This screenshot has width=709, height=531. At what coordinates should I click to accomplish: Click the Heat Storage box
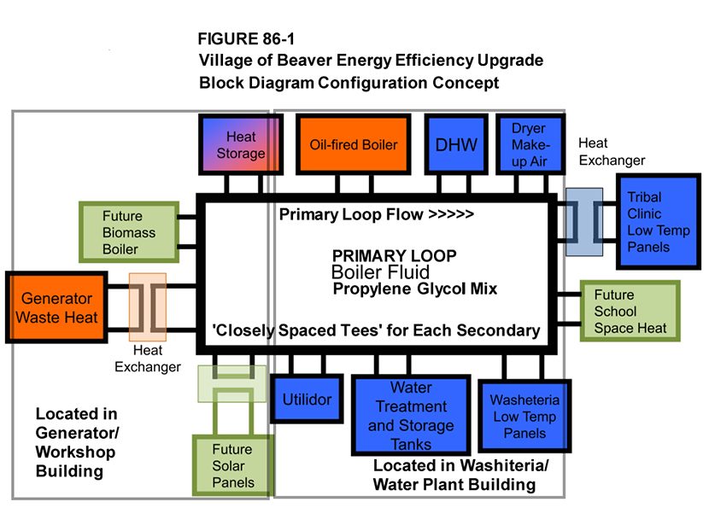pyautogui.click(x=240, y=145)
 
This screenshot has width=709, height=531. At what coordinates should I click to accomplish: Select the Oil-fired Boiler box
pyautogui.click(x=353, y=145)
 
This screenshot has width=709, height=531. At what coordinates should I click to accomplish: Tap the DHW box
pyautogui.click(x=455, y=145)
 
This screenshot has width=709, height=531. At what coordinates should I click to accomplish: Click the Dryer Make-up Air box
pyautogui.click(x=528, y=145)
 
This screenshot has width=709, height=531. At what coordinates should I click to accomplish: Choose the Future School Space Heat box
pyautogui.click(x=630, y=311)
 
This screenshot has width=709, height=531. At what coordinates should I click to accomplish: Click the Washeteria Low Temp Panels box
pyautogui.click(x=524, y=417)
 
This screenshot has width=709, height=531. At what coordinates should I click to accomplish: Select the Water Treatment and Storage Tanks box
pyautogui.click(x=411, y=417)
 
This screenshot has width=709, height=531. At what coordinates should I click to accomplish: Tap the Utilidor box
pyautogui.click(x=307, y=400)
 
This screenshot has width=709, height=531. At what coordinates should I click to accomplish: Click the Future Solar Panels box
pyautogui.click(x=232, y=465)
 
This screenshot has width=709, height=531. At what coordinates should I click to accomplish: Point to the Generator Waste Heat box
pyautogui.click(x=57, y=308)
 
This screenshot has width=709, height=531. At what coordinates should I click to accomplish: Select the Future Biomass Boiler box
pyautogui.click(x=128, y=232)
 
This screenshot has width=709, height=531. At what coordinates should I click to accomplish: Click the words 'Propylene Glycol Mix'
pyautogui.click(x=414, y=289)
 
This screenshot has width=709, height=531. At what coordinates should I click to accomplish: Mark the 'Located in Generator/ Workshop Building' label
pyautogui.click(x=76, y=442)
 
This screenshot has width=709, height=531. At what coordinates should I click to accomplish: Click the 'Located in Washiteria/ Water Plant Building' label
pyautogui.click(x=461, y=476)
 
